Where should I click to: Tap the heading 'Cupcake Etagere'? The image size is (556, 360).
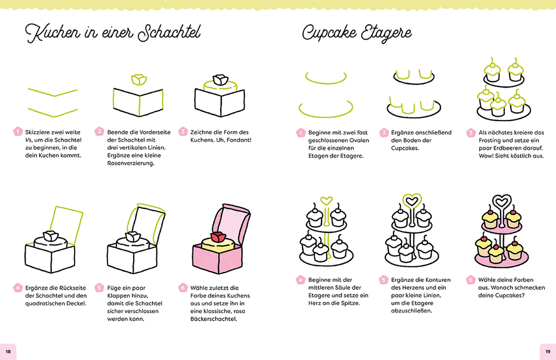tap(358, 33)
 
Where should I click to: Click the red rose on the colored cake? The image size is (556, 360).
tap(217, 237)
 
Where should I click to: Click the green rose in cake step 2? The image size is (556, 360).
tap(139, 80)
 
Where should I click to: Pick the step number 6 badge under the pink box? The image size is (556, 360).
tap(183, 287)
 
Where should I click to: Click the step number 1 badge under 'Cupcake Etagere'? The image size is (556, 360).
tap(300, 133)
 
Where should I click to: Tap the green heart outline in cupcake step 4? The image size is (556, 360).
tap(327, 201)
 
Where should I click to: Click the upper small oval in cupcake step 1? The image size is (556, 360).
tap(327, 78)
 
